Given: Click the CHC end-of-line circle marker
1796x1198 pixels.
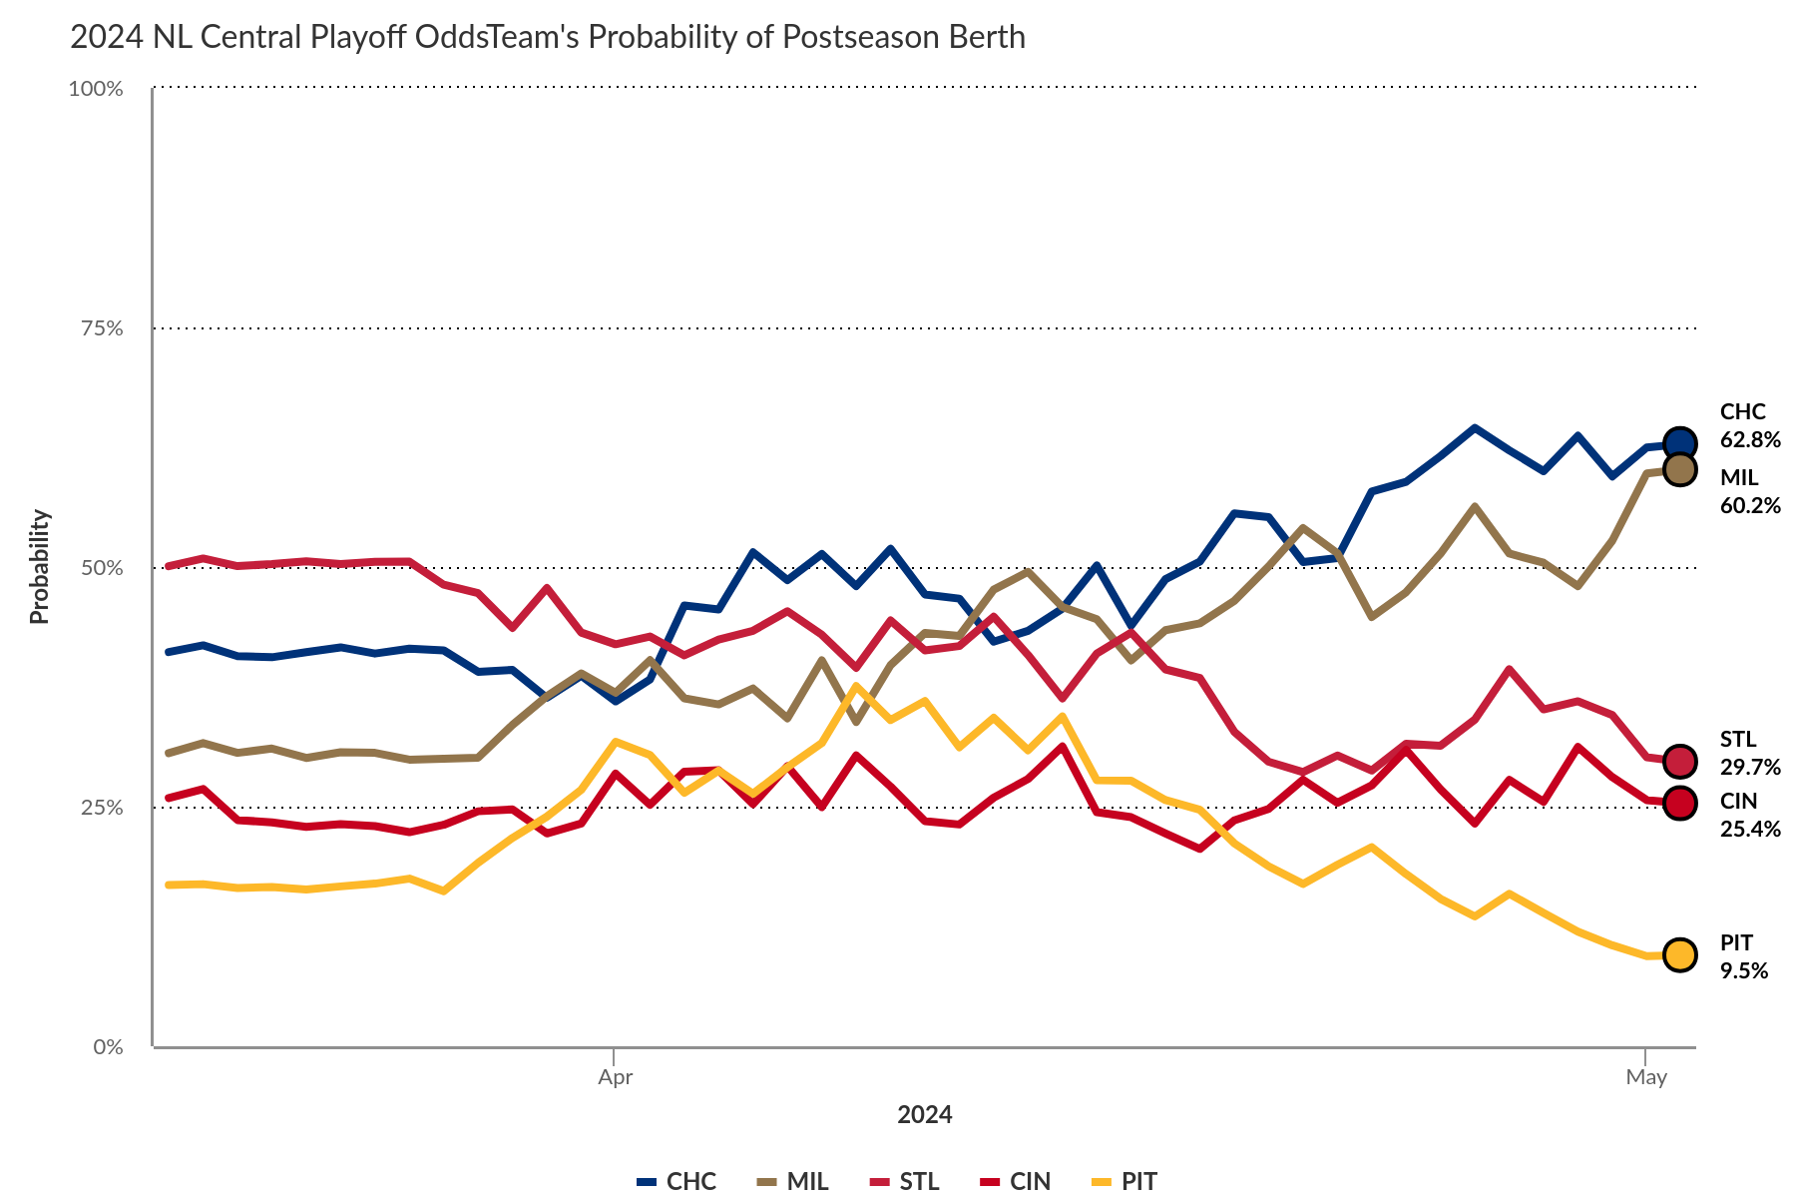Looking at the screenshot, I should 1680,443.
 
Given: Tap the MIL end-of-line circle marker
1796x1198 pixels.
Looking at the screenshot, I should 1680,469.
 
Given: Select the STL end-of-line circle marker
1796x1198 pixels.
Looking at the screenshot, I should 1680,761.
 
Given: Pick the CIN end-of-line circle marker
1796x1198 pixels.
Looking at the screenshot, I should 1680,803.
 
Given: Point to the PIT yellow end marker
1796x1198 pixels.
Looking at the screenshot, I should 1680,954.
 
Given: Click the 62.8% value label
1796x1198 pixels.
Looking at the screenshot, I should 1750,440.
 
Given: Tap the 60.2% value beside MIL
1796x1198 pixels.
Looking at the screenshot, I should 1750,506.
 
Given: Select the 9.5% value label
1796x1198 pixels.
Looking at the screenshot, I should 1744,971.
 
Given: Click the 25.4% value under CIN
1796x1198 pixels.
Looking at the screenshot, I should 1750,830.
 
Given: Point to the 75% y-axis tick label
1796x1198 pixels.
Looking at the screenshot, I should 101,328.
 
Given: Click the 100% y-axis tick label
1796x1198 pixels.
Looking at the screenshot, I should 96,89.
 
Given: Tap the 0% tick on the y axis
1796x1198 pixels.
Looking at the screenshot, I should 108,1047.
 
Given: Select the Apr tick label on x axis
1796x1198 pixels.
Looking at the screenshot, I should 616,1077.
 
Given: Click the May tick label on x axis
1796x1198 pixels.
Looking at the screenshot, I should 1646,1077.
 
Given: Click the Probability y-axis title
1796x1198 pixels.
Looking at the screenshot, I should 39,567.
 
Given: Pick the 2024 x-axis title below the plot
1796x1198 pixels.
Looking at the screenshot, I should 925,1115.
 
